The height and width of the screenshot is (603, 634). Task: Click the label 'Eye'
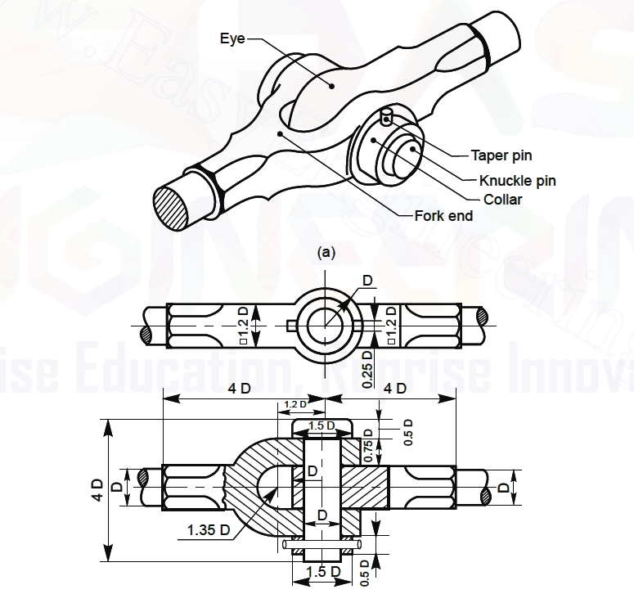pos(231,38)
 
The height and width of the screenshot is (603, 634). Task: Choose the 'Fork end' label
pos(443,216)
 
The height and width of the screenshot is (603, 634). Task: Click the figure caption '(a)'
pos(326,252)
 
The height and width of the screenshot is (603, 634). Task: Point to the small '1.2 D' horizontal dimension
pos(295,404)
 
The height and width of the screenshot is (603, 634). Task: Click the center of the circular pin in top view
pos(326,326)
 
